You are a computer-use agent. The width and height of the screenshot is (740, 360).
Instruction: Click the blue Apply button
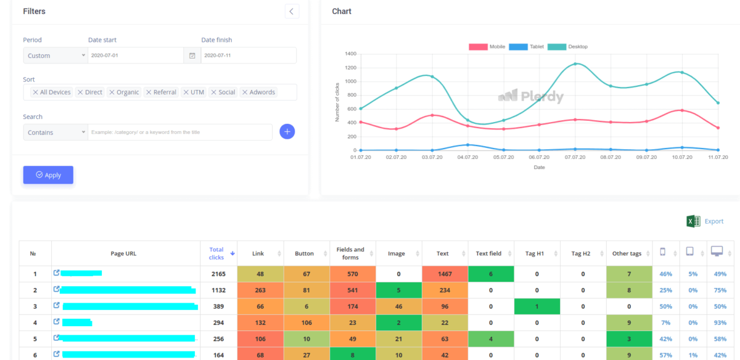coord(48,175)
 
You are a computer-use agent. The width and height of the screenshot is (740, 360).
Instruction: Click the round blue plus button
coord(287,131)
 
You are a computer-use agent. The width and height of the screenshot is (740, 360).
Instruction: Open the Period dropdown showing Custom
coord(55,55)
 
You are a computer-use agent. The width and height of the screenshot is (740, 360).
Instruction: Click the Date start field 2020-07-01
coord(136,55)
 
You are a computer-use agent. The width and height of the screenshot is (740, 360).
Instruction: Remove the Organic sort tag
coord(112,92)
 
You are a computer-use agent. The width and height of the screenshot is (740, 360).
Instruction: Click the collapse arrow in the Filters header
coord(292,11)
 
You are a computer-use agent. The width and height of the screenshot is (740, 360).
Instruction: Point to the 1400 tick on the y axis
coord(350,54)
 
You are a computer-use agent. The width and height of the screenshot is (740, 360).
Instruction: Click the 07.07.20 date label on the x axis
coord(575,157)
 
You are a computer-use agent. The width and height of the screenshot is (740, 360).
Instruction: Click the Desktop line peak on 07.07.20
coord(575,63)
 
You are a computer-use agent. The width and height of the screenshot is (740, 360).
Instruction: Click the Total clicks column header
coord(216,253)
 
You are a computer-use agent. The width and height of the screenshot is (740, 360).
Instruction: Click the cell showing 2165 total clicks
coord(218,274)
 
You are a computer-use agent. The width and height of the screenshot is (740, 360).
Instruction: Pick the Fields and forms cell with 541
coord(353,290)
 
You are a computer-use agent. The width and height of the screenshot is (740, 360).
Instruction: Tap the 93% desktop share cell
coord(717,322)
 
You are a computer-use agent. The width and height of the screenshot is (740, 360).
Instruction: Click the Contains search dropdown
coord(55,133)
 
